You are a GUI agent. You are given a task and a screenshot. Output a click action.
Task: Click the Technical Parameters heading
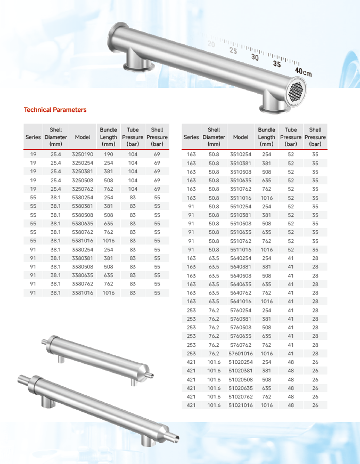coord(55,110)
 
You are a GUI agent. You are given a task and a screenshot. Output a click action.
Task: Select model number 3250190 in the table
coord(83,154)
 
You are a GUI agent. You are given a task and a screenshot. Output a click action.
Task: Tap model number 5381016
coord(83,241)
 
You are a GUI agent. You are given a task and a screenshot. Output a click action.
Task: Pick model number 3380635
coord(83,275)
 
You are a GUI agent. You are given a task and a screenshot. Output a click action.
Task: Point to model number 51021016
coord(241,405)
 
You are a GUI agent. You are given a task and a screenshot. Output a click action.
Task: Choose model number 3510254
coord(241,154)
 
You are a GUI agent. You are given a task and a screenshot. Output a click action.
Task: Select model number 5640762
coord(241,293)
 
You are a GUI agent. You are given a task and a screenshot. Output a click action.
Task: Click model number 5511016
coord(241,250)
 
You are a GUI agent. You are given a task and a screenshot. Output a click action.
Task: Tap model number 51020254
coord(241,362)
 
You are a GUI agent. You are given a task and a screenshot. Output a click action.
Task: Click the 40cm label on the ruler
coord(303,71)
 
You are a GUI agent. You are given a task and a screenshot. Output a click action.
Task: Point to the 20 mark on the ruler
coord(211,44)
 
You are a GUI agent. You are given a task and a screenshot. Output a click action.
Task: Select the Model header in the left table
coord(83,137)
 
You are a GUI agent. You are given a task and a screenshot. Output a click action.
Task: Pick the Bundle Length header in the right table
coord(266,137)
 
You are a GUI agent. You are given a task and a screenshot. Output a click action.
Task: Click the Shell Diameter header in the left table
coord(56,137)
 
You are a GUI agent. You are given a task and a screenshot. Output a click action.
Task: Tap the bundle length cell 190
coord(109,154)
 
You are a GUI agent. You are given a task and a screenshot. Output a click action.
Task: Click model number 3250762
coord(83,189)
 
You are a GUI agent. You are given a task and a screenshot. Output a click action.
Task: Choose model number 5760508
coord(241,328)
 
